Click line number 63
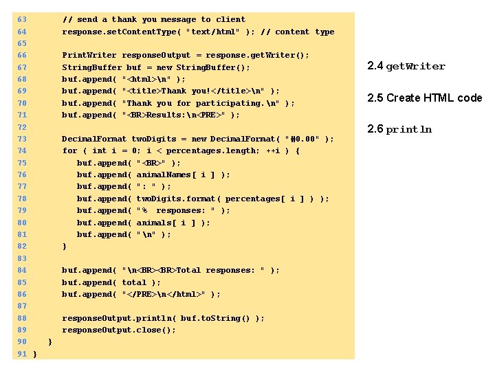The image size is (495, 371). (x=21, y=20)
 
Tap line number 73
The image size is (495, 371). (x=21, y=139)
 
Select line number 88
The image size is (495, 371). (x=21, y=318)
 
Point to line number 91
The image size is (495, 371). (x=21, y=354)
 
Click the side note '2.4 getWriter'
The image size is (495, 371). (x=406, y=67)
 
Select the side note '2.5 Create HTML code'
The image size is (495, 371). (x=424, y=98)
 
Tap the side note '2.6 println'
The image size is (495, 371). (x=399, y=129)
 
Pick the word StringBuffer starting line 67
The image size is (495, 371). (x=92, y=67)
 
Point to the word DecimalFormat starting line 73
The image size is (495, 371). (x=95, y=139)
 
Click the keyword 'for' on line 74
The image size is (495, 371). (x=69, y=150)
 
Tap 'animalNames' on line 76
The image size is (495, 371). (x=164, y=175)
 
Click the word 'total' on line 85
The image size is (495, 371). (x=134, y=282)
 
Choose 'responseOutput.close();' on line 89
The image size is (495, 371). (x=119, y=330)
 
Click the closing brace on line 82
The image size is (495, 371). (x=65, y=246)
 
